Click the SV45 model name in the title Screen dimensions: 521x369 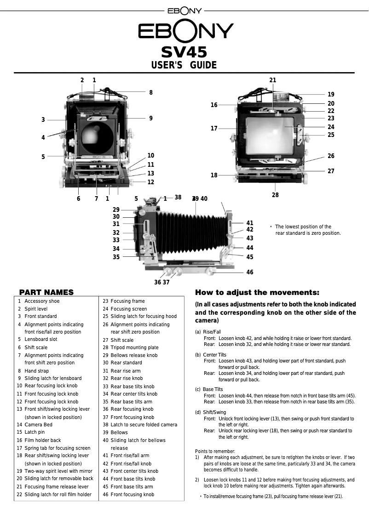pos(184,52)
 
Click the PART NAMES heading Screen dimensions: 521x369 pos(46,292)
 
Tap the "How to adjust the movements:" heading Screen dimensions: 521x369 pos(257,292)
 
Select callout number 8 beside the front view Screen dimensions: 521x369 pos(151,92)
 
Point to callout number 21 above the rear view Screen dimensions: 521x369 pos(273,80)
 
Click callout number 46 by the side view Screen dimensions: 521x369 pos(250,272)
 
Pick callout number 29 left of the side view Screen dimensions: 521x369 pos(116,210)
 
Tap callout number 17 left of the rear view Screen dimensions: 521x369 pos(214,129)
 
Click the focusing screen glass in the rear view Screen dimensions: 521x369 pos(271,135)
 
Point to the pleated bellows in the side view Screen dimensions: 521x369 pos(193,234)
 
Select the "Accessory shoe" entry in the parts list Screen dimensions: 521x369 pos(42,301)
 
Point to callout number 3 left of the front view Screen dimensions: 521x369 pos(43,120)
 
